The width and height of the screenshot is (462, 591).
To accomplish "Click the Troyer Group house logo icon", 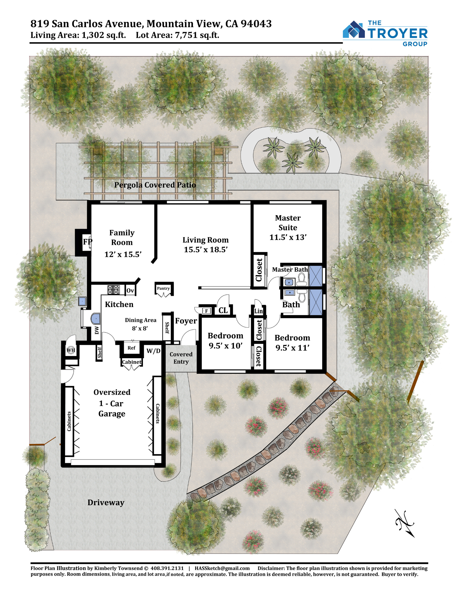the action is [x=354, y=29].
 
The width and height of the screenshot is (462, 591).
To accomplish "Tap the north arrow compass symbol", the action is [x=405, y=523].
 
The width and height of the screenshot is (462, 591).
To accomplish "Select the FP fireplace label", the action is [x=87, y=242].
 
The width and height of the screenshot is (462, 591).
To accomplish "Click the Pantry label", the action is [x=163, y=288].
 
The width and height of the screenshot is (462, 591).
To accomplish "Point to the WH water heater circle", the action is [x=71, y=350].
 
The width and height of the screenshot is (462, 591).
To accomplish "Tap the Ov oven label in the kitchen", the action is [x=130, y=290].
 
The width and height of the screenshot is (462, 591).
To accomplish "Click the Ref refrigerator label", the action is [x=131, y=348].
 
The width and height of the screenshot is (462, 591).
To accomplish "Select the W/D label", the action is [x=154, y=351].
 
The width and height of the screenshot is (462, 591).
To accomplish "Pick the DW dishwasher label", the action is [x=97, y=330].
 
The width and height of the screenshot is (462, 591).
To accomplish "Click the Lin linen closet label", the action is [x=258, y=311].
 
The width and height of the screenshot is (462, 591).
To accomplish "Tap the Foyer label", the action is [x=186, y=321].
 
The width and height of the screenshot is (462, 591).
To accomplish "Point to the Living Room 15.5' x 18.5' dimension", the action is [x=206, y=250].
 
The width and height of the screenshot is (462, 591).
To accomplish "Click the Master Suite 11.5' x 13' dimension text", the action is [x=288, y=237].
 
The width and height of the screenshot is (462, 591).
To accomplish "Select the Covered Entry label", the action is [x=181, y=358].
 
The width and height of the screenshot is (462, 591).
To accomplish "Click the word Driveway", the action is [x=106, y=503].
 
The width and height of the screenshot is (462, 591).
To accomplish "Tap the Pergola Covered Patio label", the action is [x=155, y=185].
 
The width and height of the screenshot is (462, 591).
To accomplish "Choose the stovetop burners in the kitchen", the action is [x=113, y=290].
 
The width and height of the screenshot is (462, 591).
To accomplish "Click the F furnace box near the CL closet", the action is [x=206, y=311].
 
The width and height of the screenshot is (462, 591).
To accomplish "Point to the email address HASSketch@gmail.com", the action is [x=222, y=568].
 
